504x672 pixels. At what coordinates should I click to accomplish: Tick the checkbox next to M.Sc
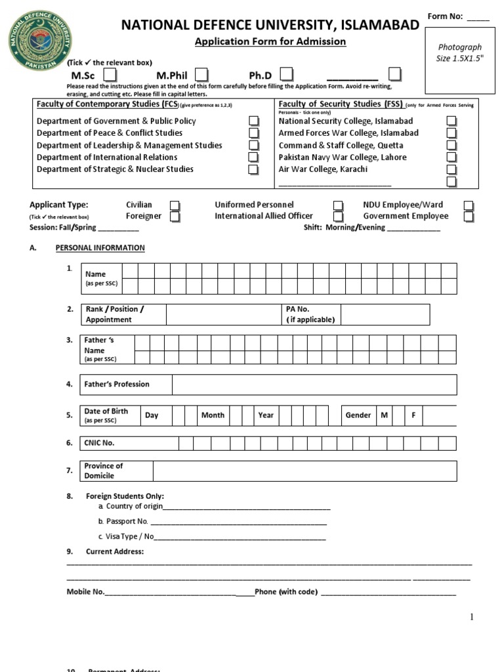[x=111, y=74]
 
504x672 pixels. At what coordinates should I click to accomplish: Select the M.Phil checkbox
[x=202, y=74]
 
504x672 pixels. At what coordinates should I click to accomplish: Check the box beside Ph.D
[x=287, y=74]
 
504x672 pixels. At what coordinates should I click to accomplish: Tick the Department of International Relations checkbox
[x=253, y=157]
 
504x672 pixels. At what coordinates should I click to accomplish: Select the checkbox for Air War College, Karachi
[x=451, y=169]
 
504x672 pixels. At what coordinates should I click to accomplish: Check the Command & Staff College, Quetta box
[x=451, y=145]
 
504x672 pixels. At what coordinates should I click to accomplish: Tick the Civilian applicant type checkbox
[x=175, y=205]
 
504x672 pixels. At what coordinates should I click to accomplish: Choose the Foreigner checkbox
[x=175, y=217]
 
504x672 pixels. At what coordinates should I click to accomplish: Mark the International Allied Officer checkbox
[x=338, y=217]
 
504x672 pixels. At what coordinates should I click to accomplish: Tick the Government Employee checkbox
[x=469, y=217]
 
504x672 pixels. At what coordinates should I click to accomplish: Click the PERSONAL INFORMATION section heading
[x=100, y=248]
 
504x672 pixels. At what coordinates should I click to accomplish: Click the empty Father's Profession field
[x=314, y=385]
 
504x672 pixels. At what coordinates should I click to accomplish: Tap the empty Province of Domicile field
[x=304, y=471]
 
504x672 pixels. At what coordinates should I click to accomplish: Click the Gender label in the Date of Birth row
[x=358, y=415]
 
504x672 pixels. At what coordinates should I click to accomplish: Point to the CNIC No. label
[x=99, y=443]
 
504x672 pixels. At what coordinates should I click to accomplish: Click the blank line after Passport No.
[x=238, y=522]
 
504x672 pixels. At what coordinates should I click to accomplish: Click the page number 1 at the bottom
[x=471, y=617]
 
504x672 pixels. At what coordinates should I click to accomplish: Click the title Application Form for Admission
[x=270, y=42]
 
